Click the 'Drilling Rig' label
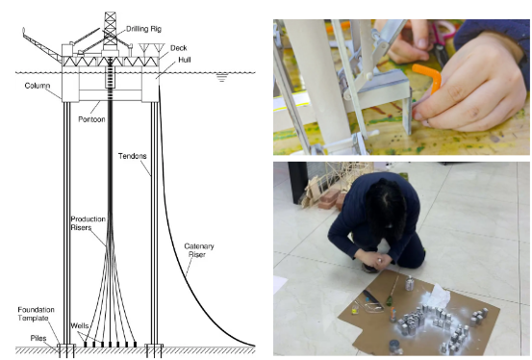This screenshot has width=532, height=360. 144,29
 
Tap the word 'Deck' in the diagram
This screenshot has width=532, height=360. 179,48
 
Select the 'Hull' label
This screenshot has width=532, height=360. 185,60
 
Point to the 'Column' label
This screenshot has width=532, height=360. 38,86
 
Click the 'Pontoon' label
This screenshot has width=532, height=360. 91,119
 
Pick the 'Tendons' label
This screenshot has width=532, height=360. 133,156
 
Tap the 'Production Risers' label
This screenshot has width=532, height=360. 88,223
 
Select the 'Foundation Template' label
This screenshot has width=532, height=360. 36,314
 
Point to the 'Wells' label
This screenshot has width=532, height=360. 80,326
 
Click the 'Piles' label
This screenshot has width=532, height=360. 38,338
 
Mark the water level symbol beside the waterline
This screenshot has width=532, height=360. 221,77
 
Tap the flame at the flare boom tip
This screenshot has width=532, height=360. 23,31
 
